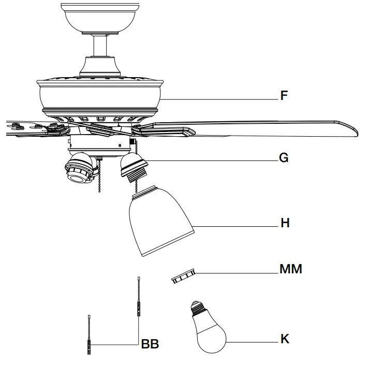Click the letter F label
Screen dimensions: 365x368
(x=284, y=96)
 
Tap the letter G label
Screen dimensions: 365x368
(x=284, y=157)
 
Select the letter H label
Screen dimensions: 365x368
(x=284, y=223)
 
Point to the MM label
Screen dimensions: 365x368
(x=290, y=269)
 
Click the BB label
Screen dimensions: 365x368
(x=150, y=344)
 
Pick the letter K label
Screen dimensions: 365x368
(x=285, y=339)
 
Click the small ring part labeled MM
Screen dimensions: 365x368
(x=182, y=276)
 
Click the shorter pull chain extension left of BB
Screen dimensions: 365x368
(x=89, y=334)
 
